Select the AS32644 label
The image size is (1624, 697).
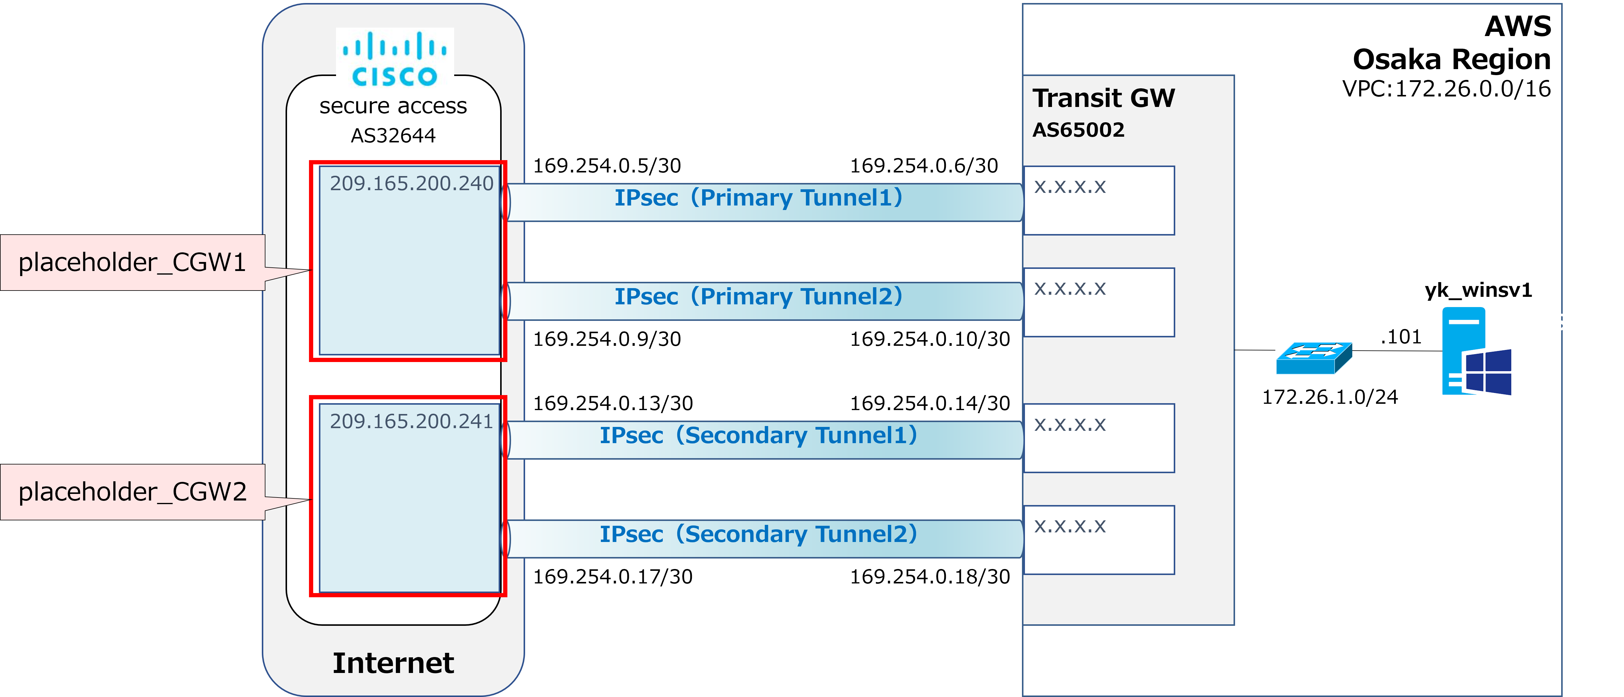(393, 135)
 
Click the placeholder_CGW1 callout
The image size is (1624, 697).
(132, 262)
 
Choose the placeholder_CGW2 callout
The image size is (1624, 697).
(132, 492)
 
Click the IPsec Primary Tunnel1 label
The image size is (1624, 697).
(758, 198)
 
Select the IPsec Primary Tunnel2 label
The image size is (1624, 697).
(758, 296)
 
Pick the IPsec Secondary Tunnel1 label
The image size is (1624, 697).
(758, 435)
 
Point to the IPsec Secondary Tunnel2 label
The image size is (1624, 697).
(758, 534)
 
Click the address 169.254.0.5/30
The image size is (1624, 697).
(607, 166)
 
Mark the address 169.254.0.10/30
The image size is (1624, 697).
(930, 339)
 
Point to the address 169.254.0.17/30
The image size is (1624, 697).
(613, 577)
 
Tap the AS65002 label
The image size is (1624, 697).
(1078, 130)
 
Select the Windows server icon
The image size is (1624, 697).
(1476, 351)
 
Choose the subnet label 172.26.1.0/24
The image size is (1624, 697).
(1329, 397)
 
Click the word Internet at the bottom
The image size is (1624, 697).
(393, 663)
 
